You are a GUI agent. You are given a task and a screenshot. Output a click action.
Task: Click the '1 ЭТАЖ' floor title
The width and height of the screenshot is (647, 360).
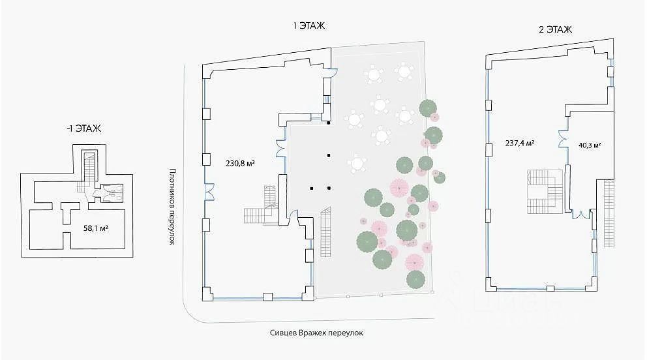pos(309,26)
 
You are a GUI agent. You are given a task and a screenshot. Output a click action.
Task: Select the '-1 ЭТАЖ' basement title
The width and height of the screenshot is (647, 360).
pos(83,128)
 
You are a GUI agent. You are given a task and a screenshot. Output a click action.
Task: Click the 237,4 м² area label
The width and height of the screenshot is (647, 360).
pos(520,143)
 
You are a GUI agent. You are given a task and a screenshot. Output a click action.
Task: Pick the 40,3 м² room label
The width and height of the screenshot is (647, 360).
pos(589,145)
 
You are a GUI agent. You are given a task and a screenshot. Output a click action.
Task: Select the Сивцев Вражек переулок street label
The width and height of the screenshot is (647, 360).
pos(316,332)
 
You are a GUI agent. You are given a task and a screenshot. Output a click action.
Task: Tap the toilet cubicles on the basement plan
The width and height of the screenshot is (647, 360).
pos(113,191)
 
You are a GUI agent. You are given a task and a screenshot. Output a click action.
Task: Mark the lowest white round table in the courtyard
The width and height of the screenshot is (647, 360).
pos(357,162)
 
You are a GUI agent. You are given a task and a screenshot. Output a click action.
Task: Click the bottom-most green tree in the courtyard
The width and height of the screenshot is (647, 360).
pos(415,279)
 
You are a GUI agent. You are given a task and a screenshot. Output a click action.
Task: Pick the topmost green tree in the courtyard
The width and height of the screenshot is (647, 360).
pos(428,107)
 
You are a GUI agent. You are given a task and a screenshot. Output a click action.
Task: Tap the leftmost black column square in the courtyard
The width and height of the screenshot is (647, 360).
pos(312,188)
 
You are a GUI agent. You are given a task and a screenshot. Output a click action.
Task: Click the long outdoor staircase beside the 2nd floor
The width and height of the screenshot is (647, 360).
pos(609,213)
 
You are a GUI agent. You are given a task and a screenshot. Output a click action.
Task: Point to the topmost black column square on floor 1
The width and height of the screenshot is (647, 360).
pos(329,123)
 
